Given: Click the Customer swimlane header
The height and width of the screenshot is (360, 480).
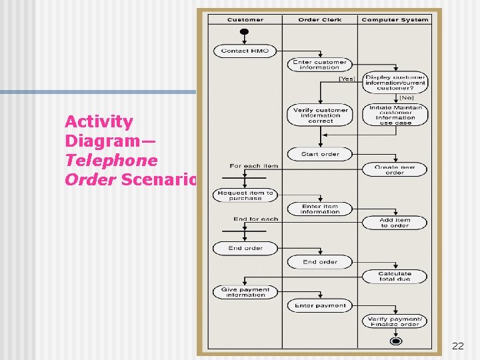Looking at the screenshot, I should point(245,19).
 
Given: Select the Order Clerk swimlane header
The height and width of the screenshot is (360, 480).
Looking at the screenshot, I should point(320,19).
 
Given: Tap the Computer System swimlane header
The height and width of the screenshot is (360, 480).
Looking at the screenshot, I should point(395,19).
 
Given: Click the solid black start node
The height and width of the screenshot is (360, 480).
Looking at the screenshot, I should point(245,32).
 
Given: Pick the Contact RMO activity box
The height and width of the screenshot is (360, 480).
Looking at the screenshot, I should point(245,51).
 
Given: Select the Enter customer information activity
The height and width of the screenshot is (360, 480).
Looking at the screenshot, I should point(320,65).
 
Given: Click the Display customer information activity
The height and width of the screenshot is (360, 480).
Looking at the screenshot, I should point(395,83).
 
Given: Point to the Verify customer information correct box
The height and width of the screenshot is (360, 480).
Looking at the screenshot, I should point(320,115).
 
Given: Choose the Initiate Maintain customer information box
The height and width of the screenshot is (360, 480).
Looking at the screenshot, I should point(395,115).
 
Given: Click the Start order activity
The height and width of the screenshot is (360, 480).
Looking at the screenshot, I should point(320,154).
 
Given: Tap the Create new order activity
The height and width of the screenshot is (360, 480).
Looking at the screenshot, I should point(395,169).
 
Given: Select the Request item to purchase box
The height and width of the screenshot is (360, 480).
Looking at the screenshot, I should point(245,195).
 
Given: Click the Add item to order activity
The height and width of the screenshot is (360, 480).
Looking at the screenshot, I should point(395,223).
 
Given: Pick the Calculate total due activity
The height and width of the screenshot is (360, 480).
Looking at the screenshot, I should point(395,276).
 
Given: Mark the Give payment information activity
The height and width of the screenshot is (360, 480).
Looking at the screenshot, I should point(245,292).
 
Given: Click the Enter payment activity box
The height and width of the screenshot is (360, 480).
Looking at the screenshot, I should point(320,305).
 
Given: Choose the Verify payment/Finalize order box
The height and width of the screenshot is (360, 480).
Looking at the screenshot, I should point(395,321).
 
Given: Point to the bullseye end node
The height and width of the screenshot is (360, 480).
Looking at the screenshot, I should point(395,341).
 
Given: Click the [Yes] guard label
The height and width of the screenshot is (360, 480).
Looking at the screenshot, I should point(347,79).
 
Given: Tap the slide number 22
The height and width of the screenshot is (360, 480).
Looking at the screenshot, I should point(458,346).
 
